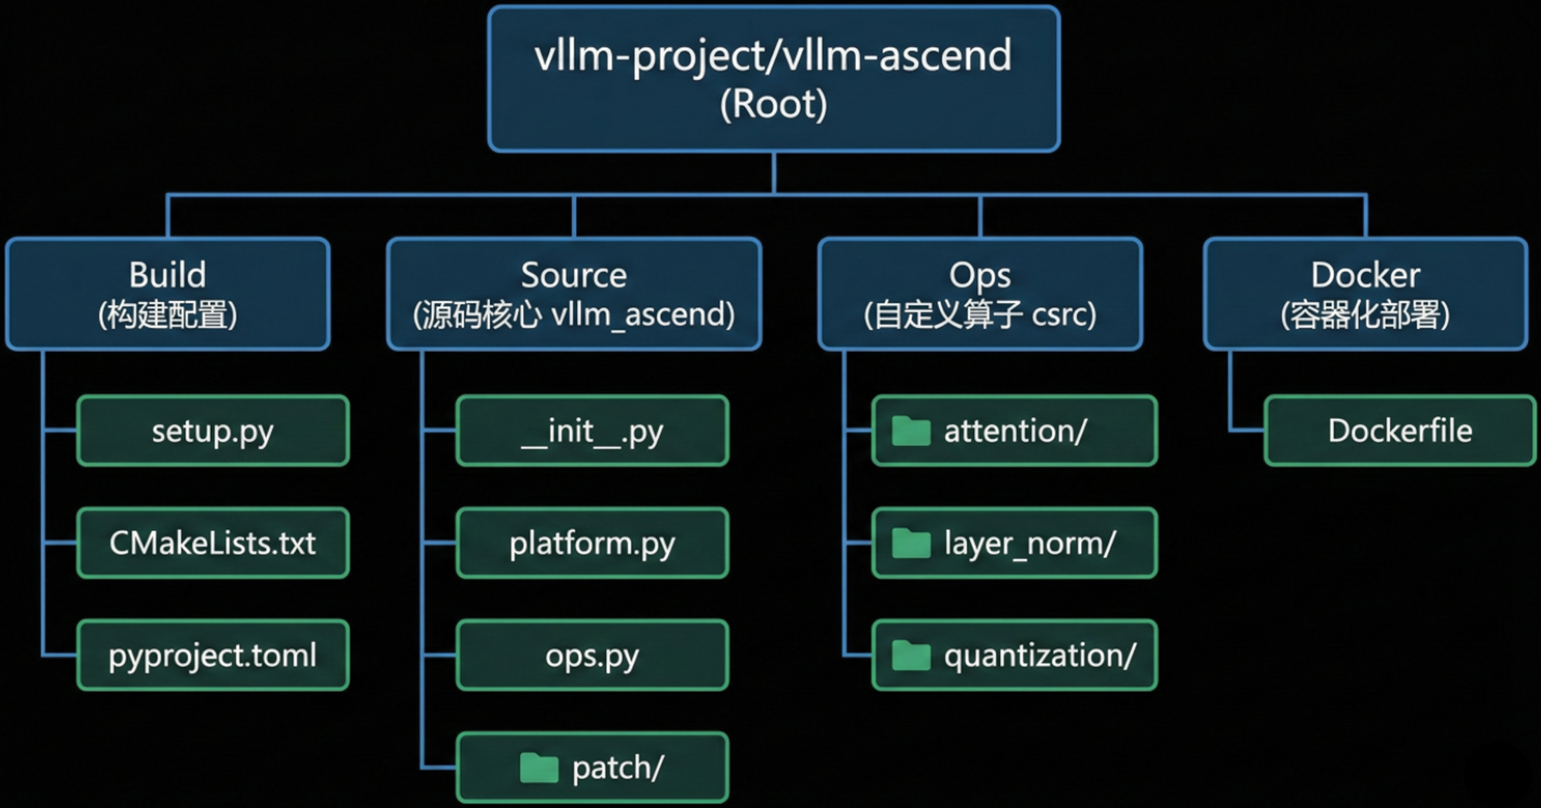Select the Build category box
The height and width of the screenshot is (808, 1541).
[x=167, y=293]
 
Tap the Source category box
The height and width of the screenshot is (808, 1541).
[x=574, y=293]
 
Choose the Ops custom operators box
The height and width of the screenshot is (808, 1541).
[x=979, y=293]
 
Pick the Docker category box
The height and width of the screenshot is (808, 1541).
[x=1365, y=293]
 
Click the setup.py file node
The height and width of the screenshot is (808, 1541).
[x=213, y=431]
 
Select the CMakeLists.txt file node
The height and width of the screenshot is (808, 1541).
[x=213, y=543]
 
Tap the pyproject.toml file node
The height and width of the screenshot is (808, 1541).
[x=213, y=655]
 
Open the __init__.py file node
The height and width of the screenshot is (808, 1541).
[x=592, y=431]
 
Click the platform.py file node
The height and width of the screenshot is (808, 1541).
[x=592, y=543]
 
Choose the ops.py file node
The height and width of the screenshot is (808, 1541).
[x=592, y=655]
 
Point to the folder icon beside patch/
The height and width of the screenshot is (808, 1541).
[x=539, y=768]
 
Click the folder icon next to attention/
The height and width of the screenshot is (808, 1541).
[x=911, y=431]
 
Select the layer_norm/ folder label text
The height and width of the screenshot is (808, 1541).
[x=1029, y=544]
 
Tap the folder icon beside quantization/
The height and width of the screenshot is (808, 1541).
[x=911, y=656]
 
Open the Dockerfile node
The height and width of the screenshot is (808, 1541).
[x=1399, y=431]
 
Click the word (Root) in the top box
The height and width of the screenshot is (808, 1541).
[x=774, y=104]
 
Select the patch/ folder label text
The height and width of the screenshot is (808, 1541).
[x=618, y=768]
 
